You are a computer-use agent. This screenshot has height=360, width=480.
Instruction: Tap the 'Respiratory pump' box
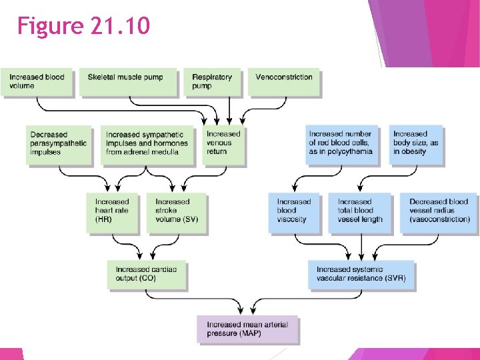212,82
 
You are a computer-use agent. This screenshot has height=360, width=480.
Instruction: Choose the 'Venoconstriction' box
285,82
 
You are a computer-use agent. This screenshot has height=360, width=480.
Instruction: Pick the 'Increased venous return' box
224,144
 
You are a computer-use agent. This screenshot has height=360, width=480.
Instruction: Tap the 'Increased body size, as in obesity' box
416,144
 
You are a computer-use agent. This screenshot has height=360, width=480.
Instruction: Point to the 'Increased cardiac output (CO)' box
147,274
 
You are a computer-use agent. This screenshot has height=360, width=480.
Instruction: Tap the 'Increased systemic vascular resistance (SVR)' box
361,274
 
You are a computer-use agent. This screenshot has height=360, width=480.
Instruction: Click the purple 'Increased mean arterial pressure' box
247,329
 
